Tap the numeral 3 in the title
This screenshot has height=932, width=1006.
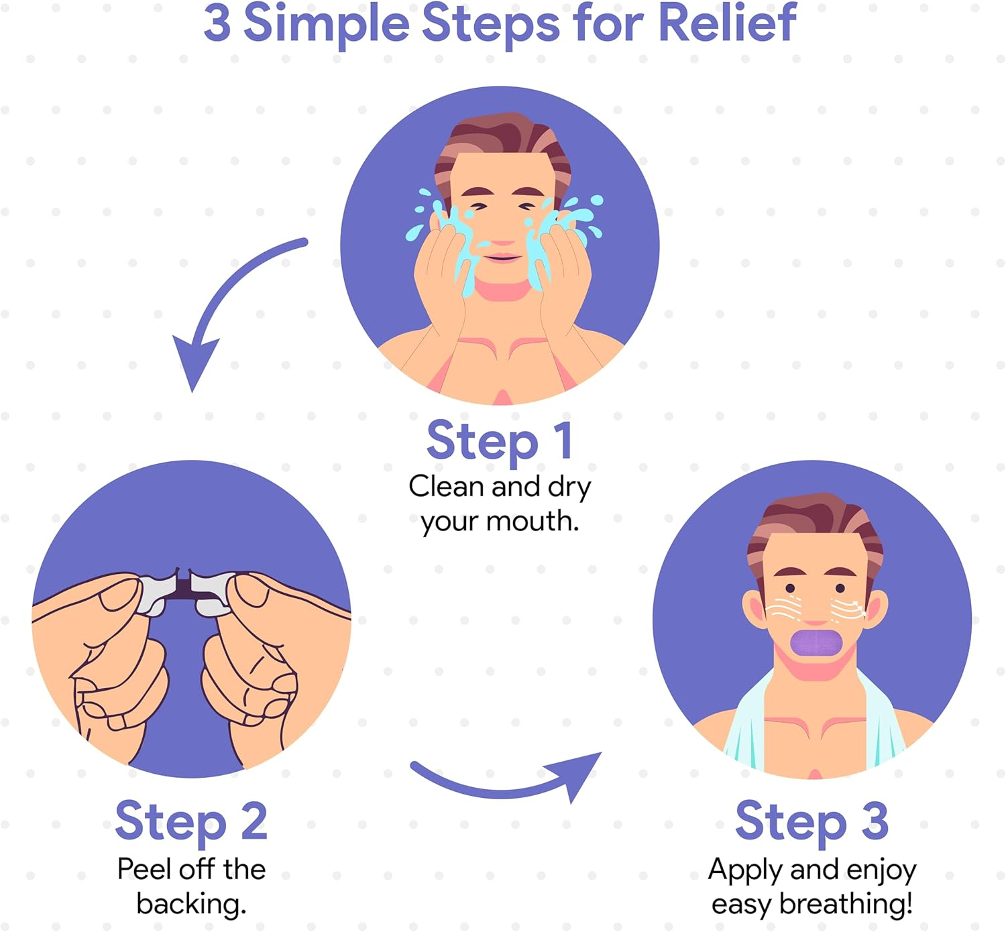(217, 23)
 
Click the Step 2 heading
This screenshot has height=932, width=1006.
(191, 821)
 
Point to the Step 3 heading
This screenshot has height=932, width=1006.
(812, 821)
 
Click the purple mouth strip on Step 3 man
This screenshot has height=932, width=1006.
(816, 643)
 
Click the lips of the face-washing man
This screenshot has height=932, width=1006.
(502, 257)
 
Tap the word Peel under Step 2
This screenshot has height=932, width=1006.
(142, 869)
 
